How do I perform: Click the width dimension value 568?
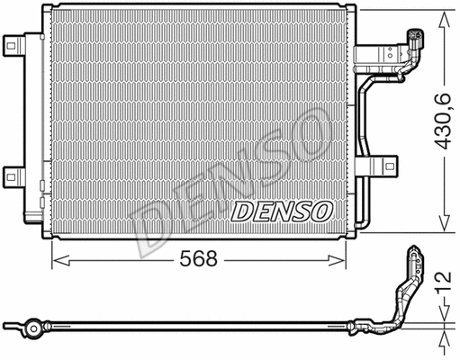click(199, 260)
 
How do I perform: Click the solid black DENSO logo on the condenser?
click(283, 211)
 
